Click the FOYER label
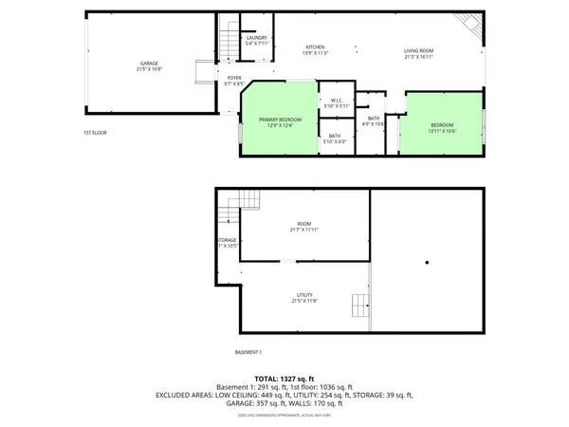point(234,80)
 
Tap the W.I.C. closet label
point(336,102)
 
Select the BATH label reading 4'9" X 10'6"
point(374,121)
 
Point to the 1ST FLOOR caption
point(95,133)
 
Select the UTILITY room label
point(304,298)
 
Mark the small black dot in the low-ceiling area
point(427,263)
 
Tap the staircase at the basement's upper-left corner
point(247,199)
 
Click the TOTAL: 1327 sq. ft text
point(284,378)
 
